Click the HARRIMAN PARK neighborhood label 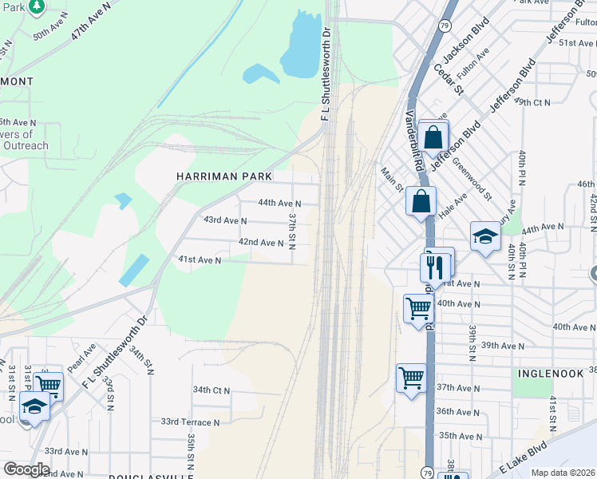pos(224,176)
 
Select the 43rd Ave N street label pos(225,220)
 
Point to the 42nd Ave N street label pos(262,243)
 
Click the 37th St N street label pos(292,230)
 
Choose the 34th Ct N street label pos(212,390)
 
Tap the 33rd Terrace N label pos(190,422)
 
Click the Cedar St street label pos(449,77)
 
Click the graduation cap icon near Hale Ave pos(485,236)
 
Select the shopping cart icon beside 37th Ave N pos(411,378)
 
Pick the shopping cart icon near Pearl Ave pos(49,385)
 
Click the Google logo pos(26,469)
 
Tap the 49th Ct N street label pos(532,102)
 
